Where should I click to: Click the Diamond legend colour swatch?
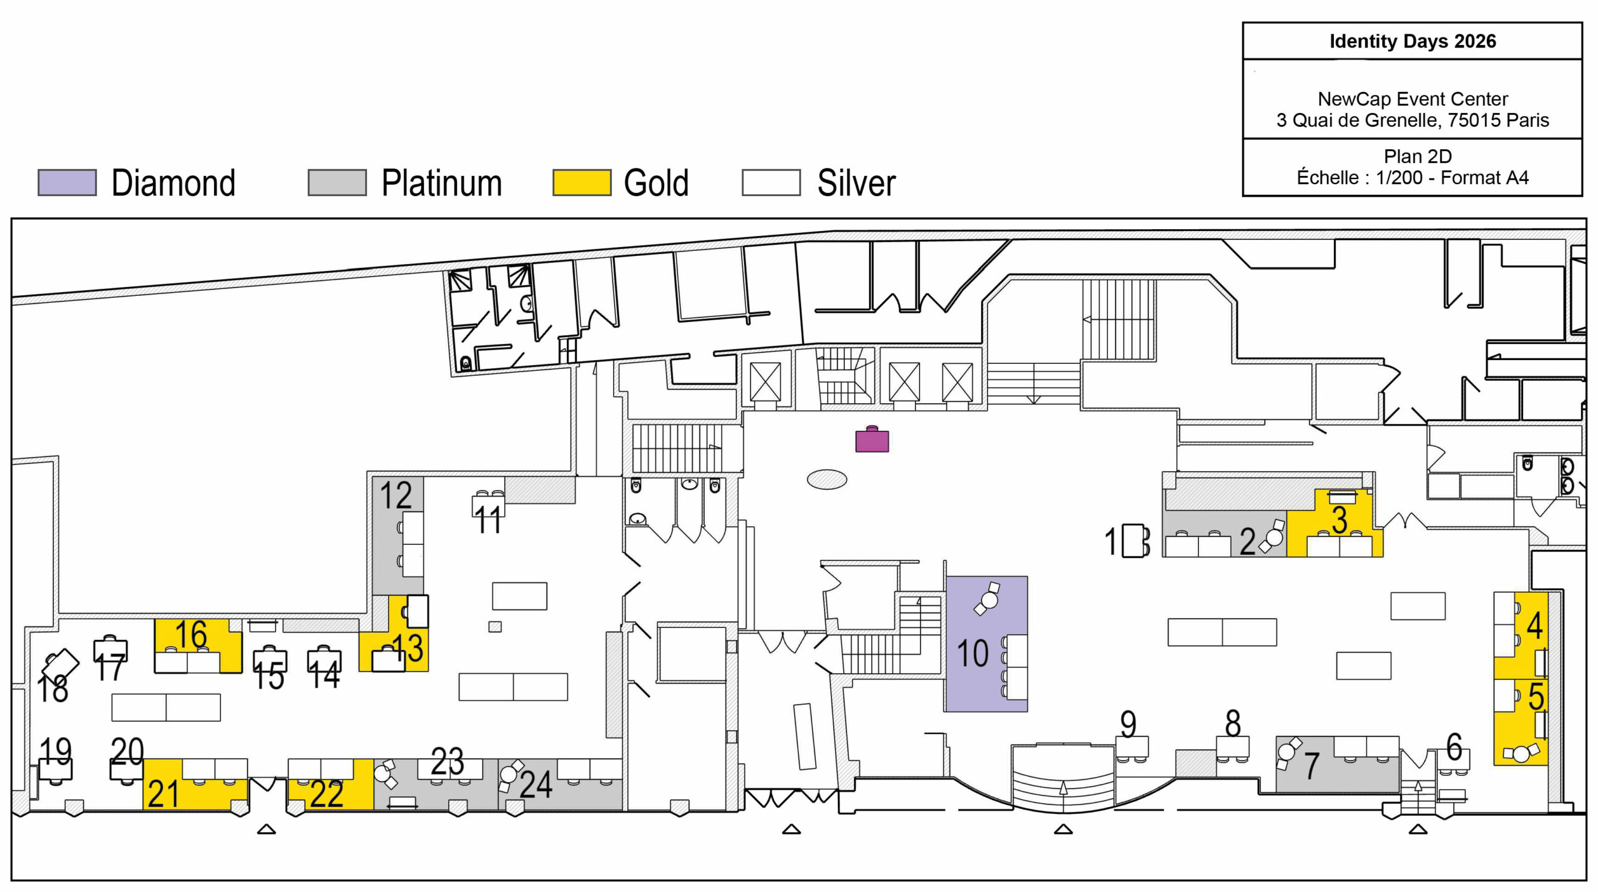click(67, 182)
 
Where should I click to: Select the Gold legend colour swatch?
click(581, 182)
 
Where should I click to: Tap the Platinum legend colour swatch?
click(337, 182)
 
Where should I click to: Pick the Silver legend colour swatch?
click(771, 182)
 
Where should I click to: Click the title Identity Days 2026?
click(1413, 41)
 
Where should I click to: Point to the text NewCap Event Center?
click(1413, 99)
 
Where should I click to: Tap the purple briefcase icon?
click(872, 439)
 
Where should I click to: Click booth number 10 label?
click(973, 654)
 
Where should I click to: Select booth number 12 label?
click(396, 495)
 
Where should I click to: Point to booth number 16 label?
click(191, 634)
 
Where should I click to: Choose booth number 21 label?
click(164, 794)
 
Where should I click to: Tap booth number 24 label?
click(536, 785)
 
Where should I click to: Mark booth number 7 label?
click(1311, 766)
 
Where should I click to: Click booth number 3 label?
click(1339, 520)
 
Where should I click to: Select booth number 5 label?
click(1536, 697)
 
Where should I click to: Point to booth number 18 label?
click(52, 689)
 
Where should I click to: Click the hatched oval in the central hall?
click(827, 479)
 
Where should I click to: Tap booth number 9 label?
click(1128, 724)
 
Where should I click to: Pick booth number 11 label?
click(488, 520)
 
